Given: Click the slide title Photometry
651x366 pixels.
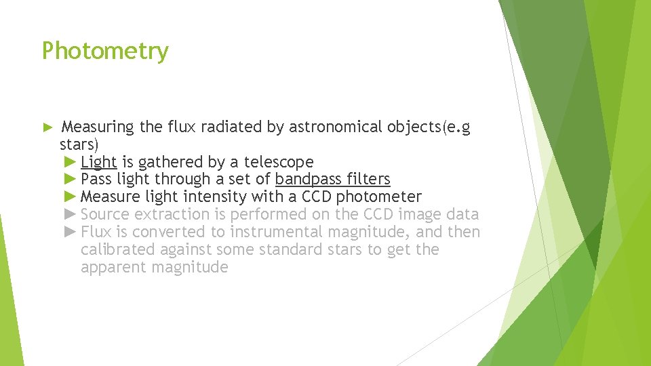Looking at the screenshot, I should pyautogui.click(x=105, y=52).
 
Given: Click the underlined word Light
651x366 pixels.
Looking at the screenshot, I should pyautogui.click(x=99, y=162).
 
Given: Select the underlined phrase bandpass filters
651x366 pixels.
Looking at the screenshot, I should pyautogui.click(x=332, y=180).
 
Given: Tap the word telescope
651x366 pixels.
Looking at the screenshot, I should pyautogui.click(x=279, y=162).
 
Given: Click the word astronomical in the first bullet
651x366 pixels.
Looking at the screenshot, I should pyautogui.click(x=336, y=127).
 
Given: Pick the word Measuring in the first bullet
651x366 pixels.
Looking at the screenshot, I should pyautogui.click(x=98, y=127).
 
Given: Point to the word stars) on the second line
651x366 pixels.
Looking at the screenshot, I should pyautogui.click(x=79, y=144).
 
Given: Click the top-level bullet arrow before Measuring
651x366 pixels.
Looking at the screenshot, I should pyautogui.click(x=47, y=127).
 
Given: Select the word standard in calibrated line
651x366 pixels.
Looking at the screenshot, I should pyautogui.click(x=302, y=250).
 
